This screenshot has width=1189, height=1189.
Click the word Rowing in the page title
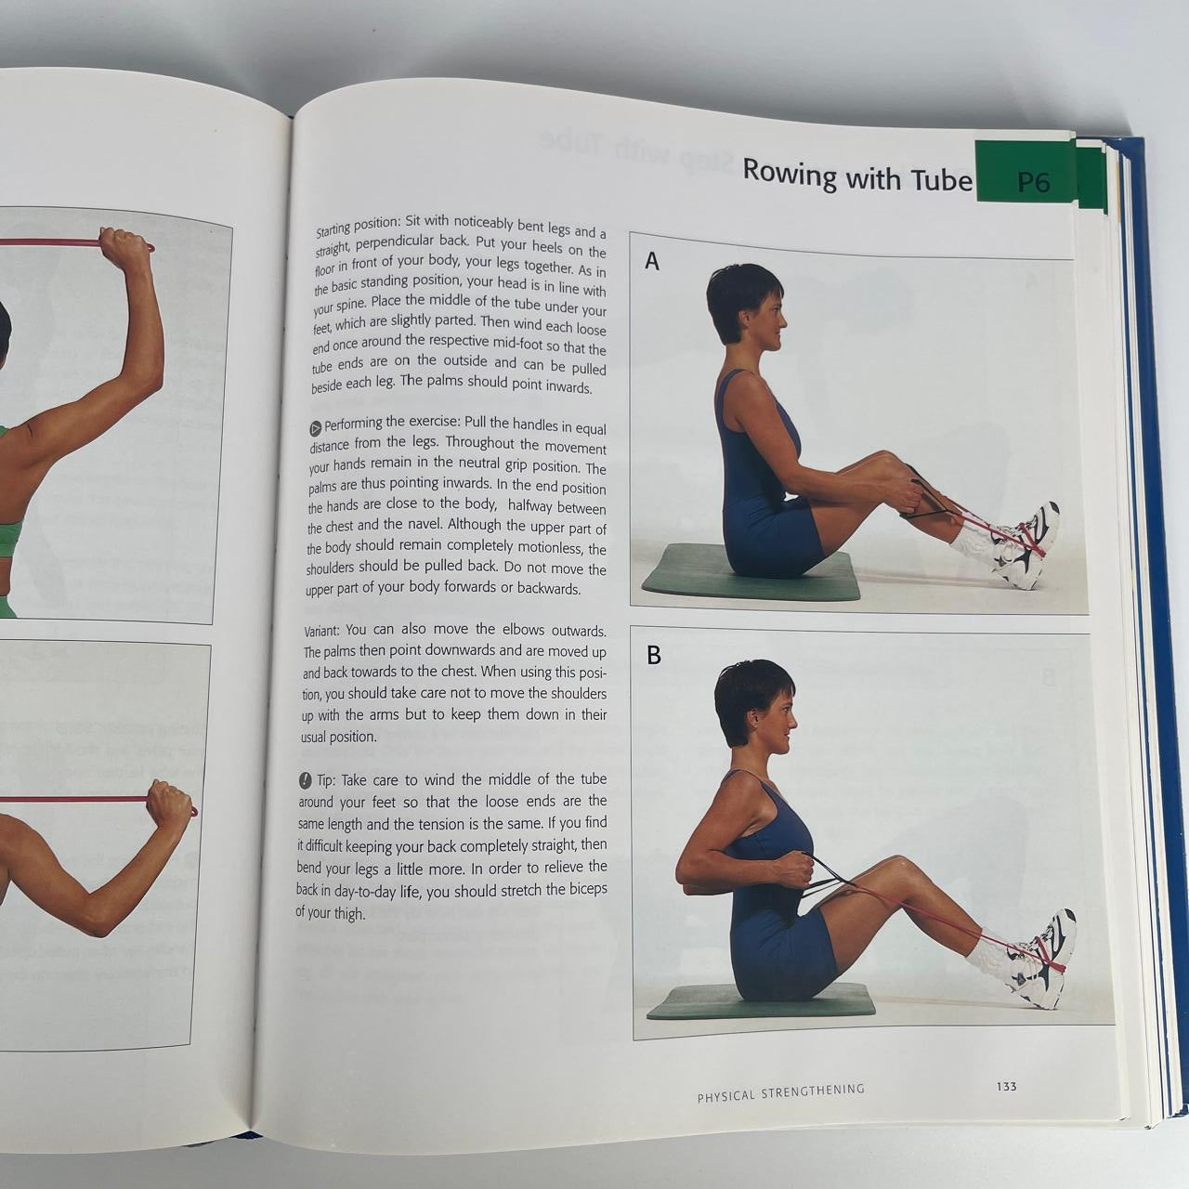tap(790, 174)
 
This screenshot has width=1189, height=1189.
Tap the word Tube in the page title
tap(940, 178)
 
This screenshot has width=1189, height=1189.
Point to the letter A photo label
tap(652, 263)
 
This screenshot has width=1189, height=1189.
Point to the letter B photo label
tap(654, 656)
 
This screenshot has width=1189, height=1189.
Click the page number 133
tap(1006, 1086)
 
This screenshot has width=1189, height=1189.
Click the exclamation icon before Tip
tap(306, 779)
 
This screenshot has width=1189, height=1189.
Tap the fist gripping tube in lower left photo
tap(169, 801)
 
